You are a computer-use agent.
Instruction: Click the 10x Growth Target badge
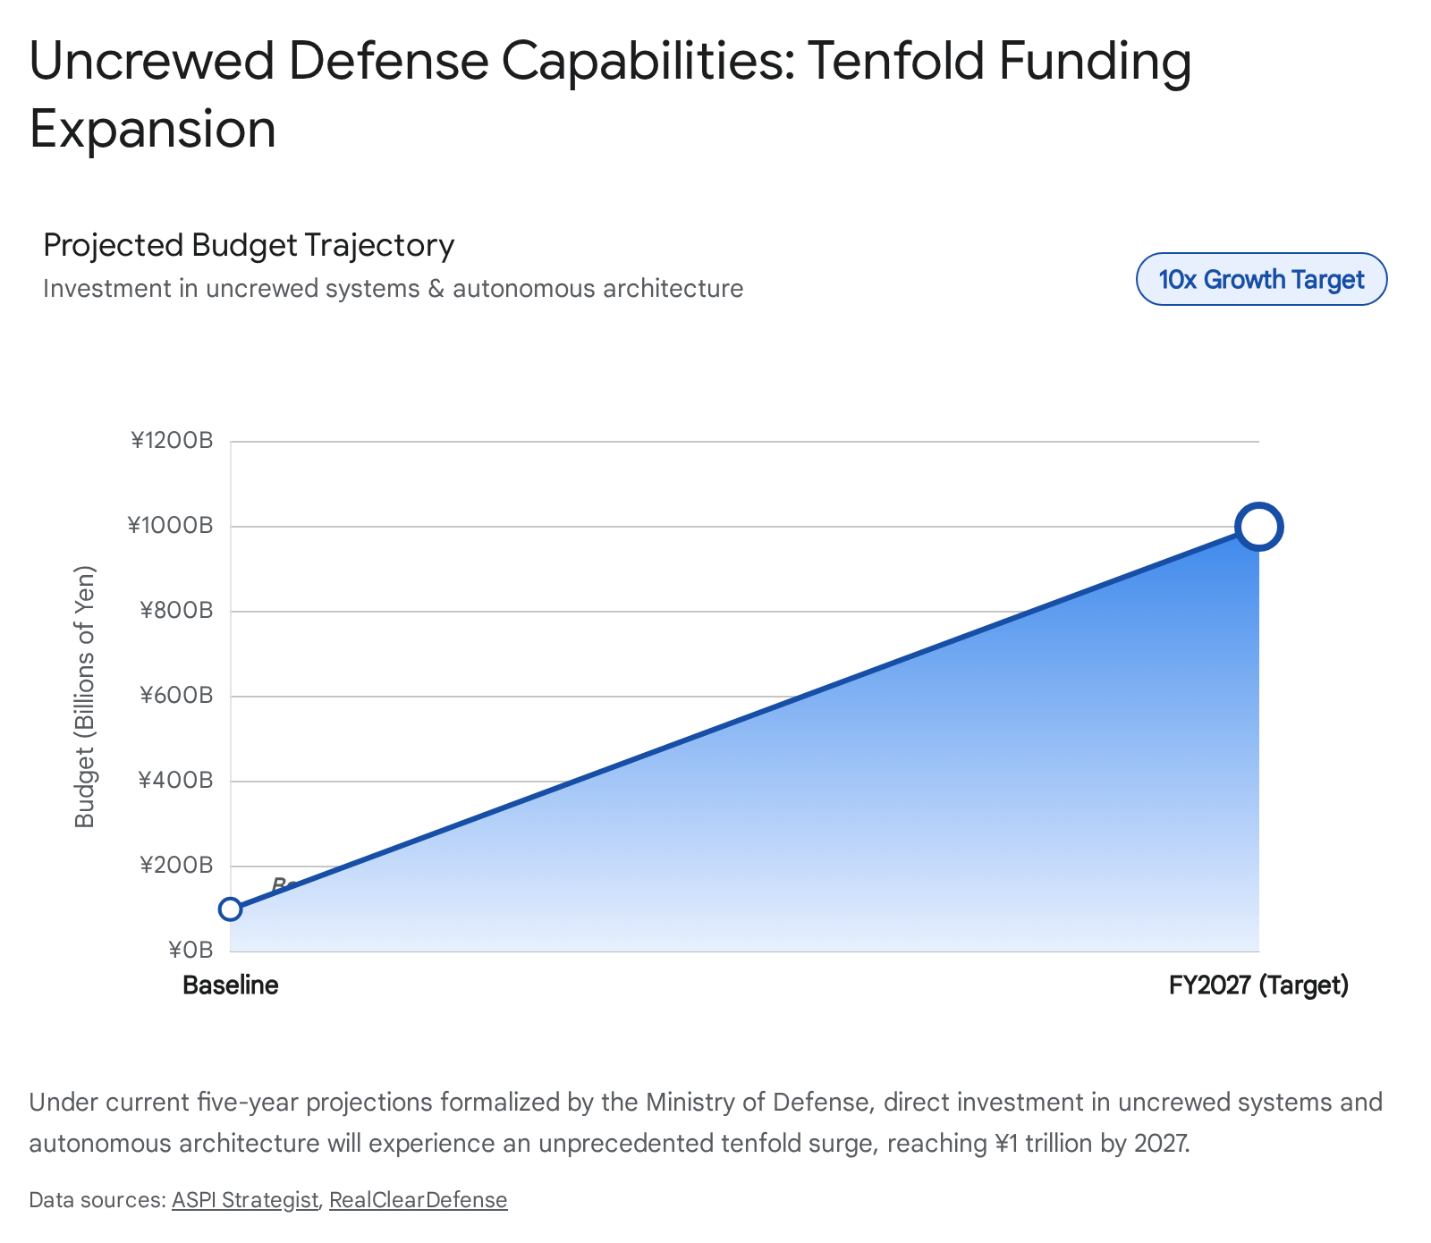point(1261,280)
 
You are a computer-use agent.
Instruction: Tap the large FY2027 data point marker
point(1258,527)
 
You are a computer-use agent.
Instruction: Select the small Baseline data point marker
point(231,909)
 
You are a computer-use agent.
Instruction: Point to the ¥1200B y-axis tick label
point(172,441)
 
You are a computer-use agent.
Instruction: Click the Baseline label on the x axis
point(231,985)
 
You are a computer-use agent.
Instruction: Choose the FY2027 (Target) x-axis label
point(1258,985)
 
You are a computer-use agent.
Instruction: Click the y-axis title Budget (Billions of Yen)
point(84,697)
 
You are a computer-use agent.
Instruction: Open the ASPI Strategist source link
point(244,1200)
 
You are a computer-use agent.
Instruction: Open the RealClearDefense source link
point(418,1200)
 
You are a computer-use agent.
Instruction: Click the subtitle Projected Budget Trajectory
point(249,245)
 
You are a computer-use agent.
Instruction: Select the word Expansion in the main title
point(152,129)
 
